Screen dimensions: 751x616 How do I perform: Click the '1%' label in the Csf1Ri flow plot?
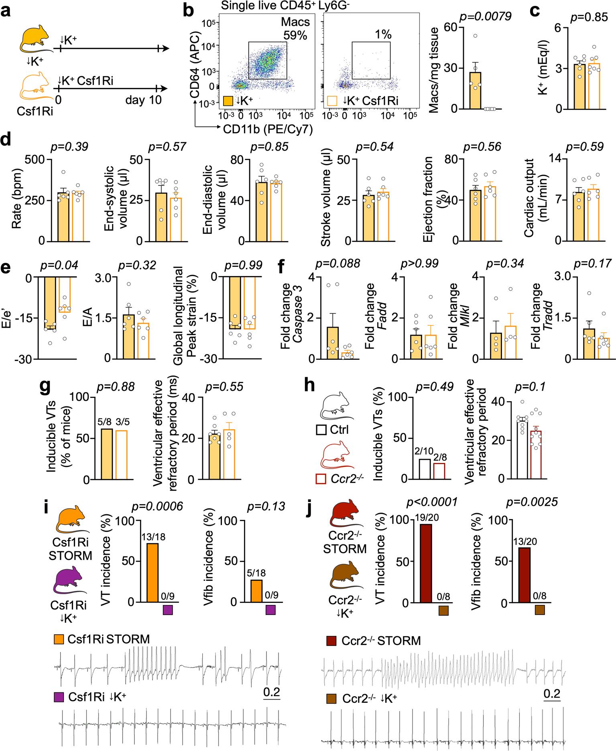point(383,35)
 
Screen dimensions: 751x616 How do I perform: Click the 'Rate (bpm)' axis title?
point(17,199)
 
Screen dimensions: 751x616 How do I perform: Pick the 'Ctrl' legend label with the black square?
point(339,430)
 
